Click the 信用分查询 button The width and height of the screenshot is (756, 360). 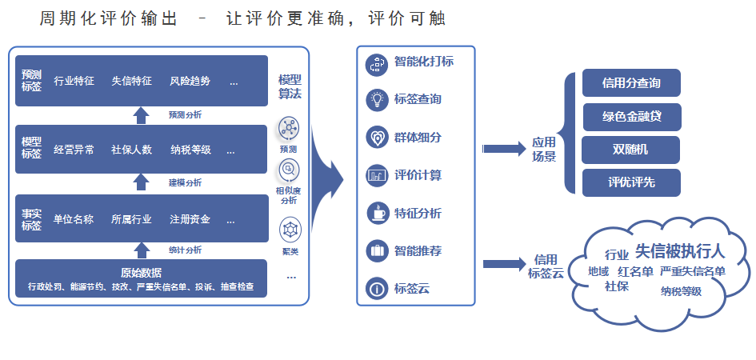pyautogui.click(x=631, y=83)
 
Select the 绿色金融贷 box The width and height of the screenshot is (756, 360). pyautogui.click(x=631, y=117)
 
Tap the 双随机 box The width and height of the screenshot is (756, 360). pyautogui.click(x=631, y=150)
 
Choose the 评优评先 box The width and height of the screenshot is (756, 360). pyautogui.click(x=631, y=182)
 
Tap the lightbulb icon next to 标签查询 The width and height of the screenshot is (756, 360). pyautogui.click(x=376, y=100)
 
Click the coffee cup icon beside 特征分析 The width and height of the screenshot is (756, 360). pyautogui.click(x=376, y=214)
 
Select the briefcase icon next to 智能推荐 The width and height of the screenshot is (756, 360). pyautogui.click(x=376, y=251)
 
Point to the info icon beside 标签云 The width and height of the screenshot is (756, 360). pyautogui.click(x=376, y=289)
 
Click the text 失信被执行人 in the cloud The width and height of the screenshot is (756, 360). pyautogui.click(x=679, y=251)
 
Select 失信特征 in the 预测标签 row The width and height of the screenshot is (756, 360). pyautogui.click(x=131, y=81)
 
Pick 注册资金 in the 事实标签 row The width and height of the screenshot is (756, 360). pyautogui.click(x=190, y=218)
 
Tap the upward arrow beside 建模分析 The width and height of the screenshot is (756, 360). pyautogui.click(x=141, y=182)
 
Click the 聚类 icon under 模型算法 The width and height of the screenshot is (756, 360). pyautogui.click(x=290, y=230)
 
